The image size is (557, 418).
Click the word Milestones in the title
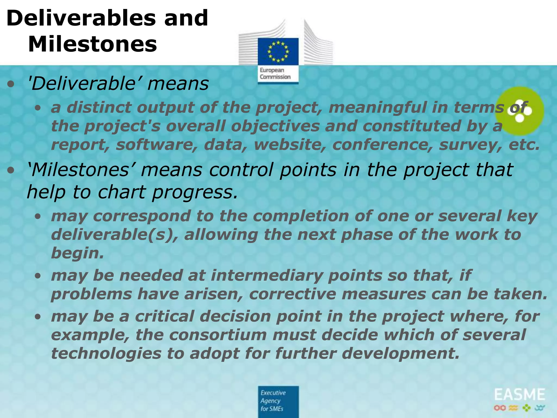point(92,44)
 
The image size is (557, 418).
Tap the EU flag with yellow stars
point(278,51)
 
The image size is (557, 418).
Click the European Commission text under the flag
point(275,73)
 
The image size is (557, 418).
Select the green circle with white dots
point(519,111)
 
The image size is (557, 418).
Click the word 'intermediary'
point(266,275)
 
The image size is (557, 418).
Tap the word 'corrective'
point(292,294)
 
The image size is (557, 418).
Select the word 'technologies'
point(106,354)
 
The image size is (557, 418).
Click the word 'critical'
point(164,316)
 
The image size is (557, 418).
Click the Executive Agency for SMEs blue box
point(278,401)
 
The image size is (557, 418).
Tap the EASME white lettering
point(519,395)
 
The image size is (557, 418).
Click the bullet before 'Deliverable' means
point(11,84)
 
